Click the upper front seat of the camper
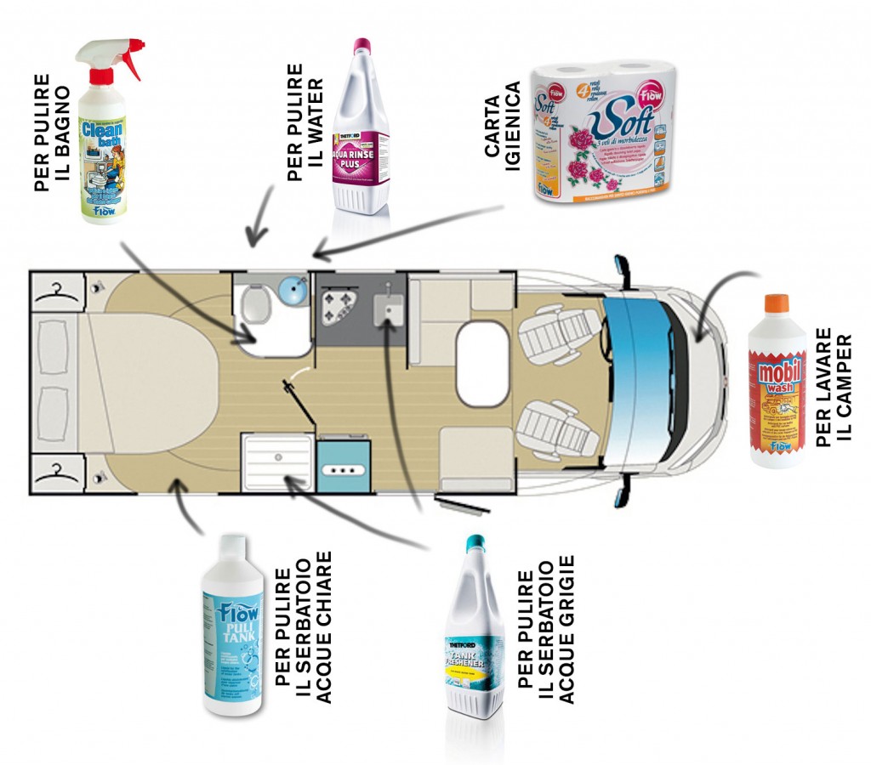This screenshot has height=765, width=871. (x=557, y=332)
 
